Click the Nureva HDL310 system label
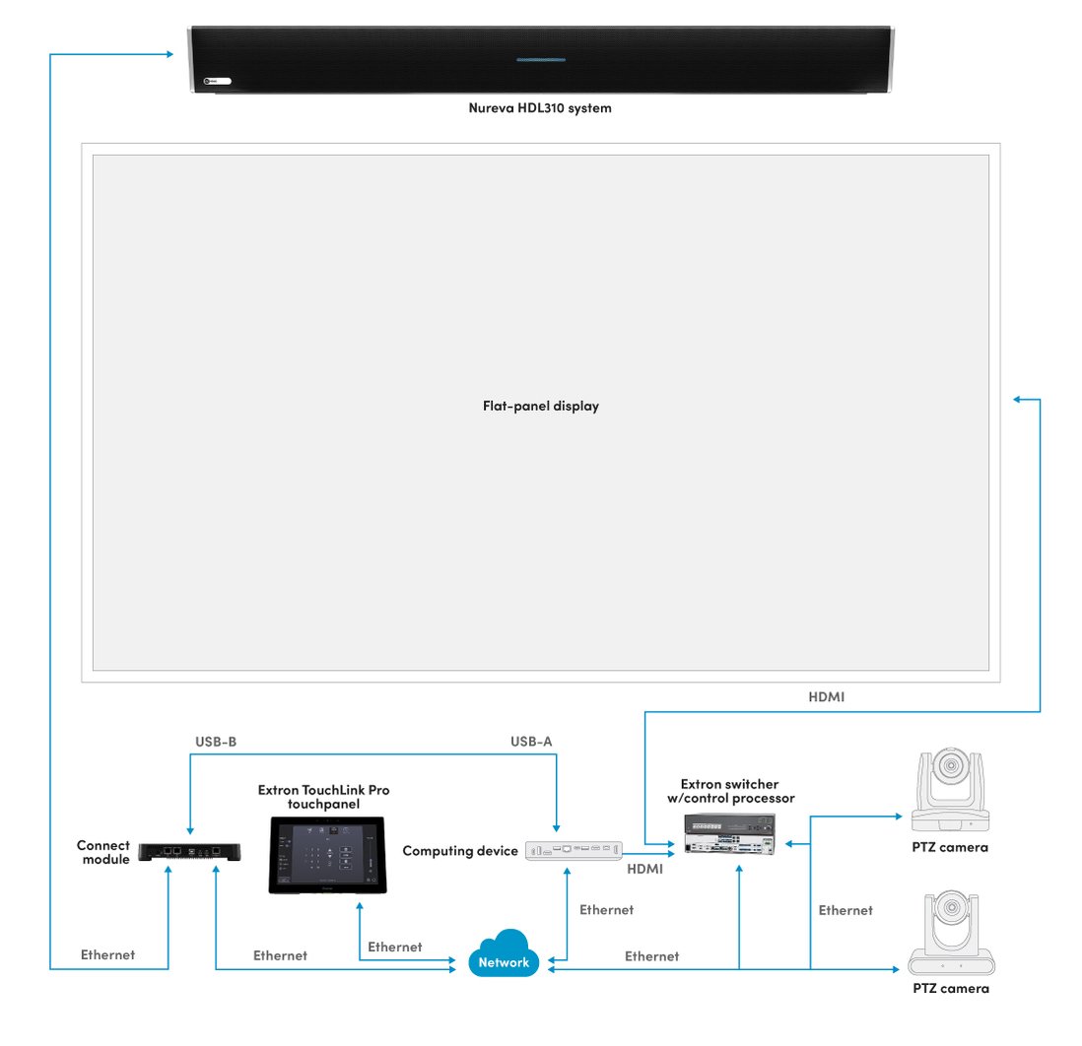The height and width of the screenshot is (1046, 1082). [x=539, y=108]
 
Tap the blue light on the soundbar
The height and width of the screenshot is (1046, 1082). [x=541, y=59]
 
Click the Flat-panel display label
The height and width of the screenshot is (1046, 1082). [x=540, y=406]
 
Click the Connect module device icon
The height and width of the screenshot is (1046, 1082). [x=191, y=851]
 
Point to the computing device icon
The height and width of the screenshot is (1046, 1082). [x=574, y=851]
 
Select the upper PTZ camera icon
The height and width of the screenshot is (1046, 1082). [x=949, y=792]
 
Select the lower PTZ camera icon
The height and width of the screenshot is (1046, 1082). [x=951, y=935]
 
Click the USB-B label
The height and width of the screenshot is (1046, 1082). [x=215, y=741]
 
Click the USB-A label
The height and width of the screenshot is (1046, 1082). [x=530, y=741]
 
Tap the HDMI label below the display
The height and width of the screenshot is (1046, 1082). [x=825, y=696]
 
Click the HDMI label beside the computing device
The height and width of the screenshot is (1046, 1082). [x=644, y=870]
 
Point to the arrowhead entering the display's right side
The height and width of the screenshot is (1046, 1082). [x=1018, y=399]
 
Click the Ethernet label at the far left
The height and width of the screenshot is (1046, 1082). [x=107, y=954]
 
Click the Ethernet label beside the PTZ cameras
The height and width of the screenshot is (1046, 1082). [x=845, y=910]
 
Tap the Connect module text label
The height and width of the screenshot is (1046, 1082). [x=103, y=852]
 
